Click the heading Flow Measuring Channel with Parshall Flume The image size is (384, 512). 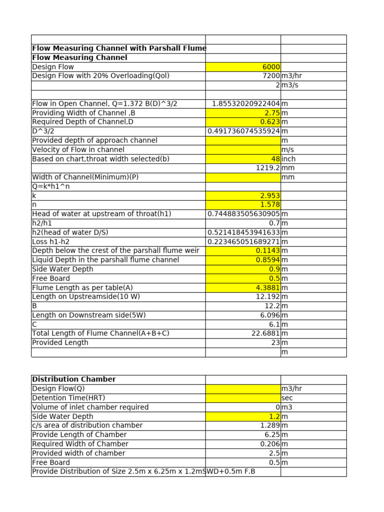[x=119, y=48]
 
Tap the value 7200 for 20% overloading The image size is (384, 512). [x=271, y=76]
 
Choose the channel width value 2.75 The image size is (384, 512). [x=272, y=113]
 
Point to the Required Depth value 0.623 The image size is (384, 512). [x=270, y=122]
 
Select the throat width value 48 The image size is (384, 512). [x=275, y=159]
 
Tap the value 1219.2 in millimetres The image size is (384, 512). [x=267, y=168]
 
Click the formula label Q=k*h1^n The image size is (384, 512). [x=51, y=186]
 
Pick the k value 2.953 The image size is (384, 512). [x=270, y=195]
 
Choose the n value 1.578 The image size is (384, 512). [x=270, y=205]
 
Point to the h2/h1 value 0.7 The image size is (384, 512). [x=274, y=223]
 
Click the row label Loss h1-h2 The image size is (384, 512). [x=50, y=241]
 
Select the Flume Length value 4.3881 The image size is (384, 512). [x=267, y=287]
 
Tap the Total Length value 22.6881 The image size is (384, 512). [x=265, y=333]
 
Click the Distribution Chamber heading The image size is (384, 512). [x=73, y=379]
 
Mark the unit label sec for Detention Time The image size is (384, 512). [x=287, y=398]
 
